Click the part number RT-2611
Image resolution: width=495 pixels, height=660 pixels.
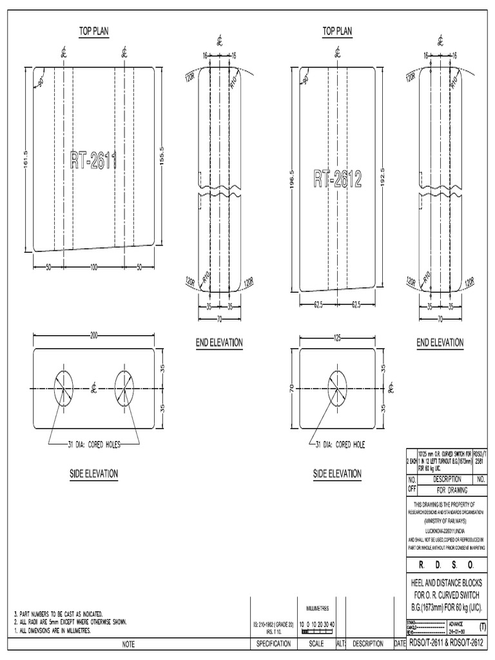[93, 160]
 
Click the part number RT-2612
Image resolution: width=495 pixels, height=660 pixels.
[337, 179]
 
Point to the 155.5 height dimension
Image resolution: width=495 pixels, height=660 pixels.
[162, 157]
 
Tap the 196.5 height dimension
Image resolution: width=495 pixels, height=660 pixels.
[292, 178]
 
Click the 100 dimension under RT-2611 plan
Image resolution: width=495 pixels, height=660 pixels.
[93, 267]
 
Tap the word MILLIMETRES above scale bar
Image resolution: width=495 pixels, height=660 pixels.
[316, 608]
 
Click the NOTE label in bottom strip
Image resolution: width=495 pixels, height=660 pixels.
[127, 644]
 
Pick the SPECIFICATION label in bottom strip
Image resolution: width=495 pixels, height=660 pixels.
[275, 644]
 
